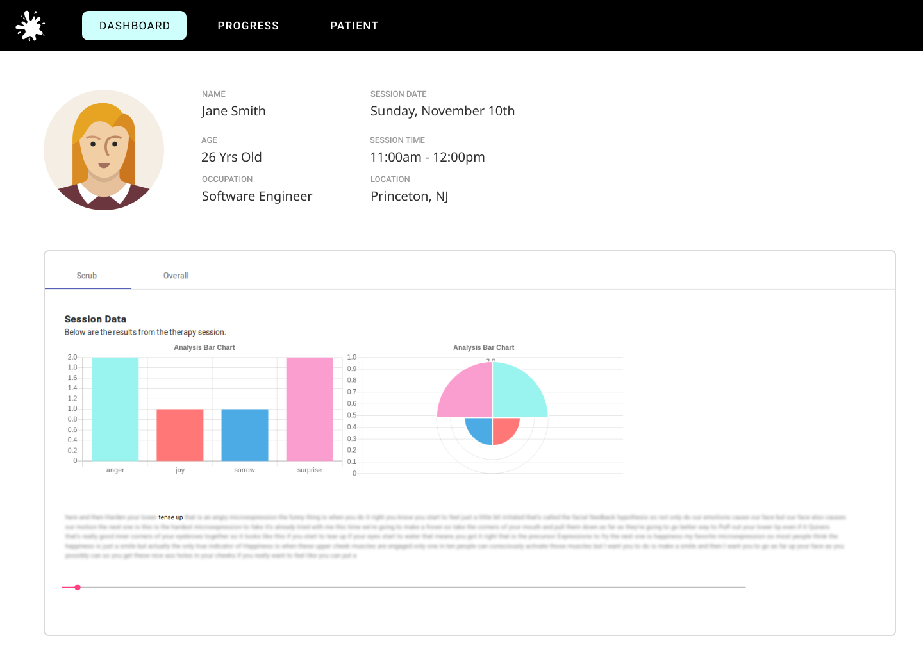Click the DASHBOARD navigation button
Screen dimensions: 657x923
click(x=134, y=26)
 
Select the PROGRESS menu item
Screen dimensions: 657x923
click(x=248, y=26)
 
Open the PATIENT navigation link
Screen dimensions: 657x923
click(x=354, y=26)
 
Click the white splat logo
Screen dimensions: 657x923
click(x=30, y=26)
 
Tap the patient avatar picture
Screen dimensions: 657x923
click(x=104, y=150)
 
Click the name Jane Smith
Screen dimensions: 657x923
click(x=233, y=111)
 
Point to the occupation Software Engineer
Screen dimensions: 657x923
click(x=257, y=196)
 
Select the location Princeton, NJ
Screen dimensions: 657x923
click(x=409, y=196)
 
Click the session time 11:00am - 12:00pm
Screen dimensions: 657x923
click(x=427, y=157)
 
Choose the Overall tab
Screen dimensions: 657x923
click(x=176, y=276)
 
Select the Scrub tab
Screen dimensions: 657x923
click(x=87, y=276)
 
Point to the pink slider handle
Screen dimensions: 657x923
click(x=78, y=587)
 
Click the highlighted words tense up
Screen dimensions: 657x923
click(x=170, y=517)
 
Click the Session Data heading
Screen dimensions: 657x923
click(x=96, y=319)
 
